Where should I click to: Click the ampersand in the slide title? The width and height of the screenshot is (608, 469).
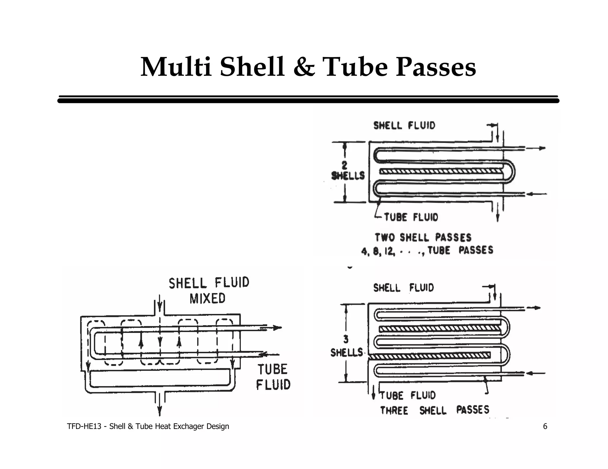pyautogui.click(x=304, y=67)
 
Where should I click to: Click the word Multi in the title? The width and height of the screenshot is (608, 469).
pyautogui.click(x=176, y=67)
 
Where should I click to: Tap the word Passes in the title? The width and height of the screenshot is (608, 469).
pyautogui.click(x=436, y=67)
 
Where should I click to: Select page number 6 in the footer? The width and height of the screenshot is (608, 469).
pyautogui.click(x=545, y=426)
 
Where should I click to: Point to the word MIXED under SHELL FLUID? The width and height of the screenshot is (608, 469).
pyautogui.click(x=208, y=298)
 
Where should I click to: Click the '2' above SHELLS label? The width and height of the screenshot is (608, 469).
pyautogui.click(x=344, y=165)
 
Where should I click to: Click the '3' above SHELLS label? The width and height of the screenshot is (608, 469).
pyautogui.click(x=346, y=339)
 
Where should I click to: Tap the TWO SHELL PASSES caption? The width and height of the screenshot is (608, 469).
pyautogui.click(x=423, y=237)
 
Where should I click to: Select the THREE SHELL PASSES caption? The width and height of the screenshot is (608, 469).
pyautogui.click(x=435, y=410)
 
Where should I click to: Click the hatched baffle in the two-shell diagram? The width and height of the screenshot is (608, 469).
pyautogui.click(x=441, y=171)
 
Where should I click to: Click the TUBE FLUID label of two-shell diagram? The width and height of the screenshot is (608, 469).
pyautogui.click(x=411, y=217)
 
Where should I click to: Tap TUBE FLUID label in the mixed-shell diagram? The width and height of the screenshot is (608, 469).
pyautogui.click(x=273, y=377)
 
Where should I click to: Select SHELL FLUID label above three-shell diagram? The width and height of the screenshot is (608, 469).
pyautogui.click(x=403, y=288)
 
